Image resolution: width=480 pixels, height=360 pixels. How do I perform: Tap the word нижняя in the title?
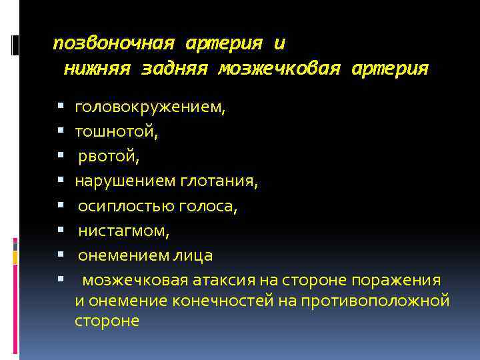(98, 69)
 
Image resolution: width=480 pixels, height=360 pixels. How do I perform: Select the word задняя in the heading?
(175, 69)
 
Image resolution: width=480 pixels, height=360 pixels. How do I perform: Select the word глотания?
(215, 181)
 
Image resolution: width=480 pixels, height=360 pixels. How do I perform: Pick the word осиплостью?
(127, 206)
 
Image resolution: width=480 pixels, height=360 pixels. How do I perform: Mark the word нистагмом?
(123, 231)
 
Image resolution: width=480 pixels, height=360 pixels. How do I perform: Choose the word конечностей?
(223, 301)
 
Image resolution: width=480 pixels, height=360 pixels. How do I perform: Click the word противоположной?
(375, 301)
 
